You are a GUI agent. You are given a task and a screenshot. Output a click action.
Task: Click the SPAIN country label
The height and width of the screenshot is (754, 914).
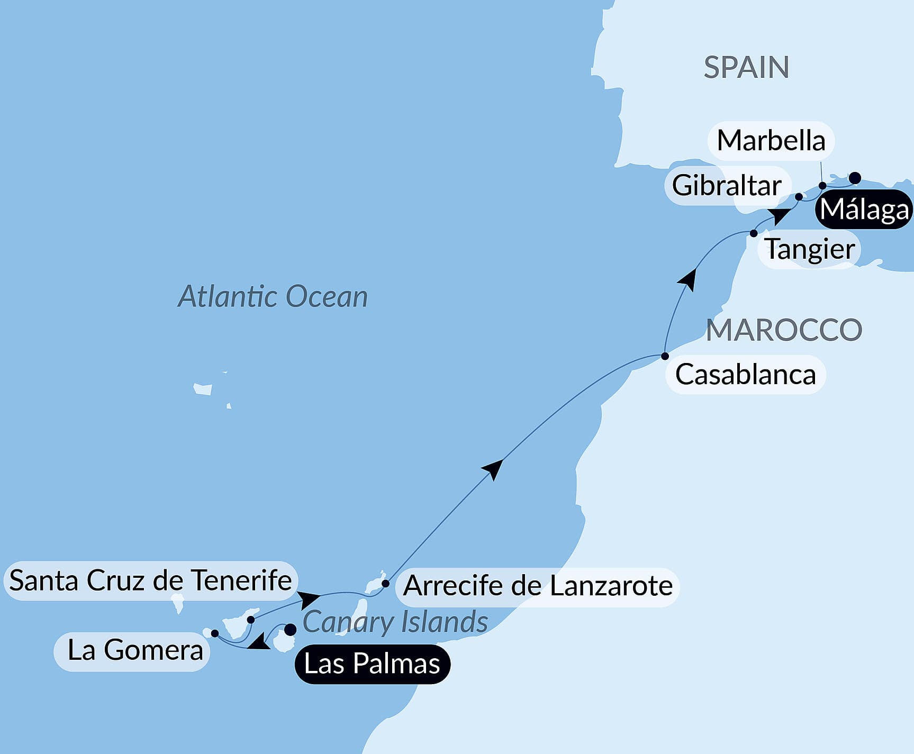point(746,68)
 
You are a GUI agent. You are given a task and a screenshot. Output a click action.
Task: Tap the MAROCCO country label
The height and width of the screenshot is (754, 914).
point(784,330)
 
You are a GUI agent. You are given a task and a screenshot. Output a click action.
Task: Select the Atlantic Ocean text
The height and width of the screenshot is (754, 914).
point(273,296)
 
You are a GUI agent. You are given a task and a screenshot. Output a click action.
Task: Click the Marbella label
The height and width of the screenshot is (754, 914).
point(771,141)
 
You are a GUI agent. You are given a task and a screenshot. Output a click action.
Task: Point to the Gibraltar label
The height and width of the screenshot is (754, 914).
point(727,186)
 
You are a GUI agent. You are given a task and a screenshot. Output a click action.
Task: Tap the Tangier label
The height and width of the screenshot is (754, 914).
point(810,249)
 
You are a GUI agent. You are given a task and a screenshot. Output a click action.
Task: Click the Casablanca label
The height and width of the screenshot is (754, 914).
point(745,375)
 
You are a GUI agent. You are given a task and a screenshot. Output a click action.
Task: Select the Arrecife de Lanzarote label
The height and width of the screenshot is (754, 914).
point(538,586)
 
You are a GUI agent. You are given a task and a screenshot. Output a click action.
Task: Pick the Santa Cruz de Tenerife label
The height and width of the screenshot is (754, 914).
point(150,580)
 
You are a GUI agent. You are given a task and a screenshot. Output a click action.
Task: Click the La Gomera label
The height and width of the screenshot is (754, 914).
point(135,650)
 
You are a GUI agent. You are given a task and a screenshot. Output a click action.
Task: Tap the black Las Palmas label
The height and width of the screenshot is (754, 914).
point(372,664)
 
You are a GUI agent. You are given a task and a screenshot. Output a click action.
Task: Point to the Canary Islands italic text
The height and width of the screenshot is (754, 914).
point(395,622)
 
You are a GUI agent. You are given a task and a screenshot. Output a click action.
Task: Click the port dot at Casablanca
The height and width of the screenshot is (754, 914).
point(665,356)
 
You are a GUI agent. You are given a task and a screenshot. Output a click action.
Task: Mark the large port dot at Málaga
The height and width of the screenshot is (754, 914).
point(855,178)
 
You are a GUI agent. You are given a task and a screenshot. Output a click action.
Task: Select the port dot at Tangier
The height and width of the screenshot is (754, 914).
point(754,233)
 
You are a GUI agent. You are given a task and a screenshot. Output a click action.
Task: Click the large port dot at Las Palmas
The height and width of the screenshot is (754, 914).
point(291,630)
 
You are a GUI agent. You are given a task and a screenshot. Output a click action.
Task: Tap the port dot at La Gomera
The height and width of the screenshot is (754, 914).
point(215,633)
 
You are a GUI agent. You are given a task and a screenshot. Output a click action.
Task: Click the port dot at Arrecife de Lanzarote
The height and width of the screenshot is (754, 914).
point(386,584)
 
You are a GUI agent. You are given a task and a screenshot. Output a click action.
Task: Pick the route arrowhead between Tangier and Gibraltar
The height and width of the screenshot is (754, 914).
point(780,216)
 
